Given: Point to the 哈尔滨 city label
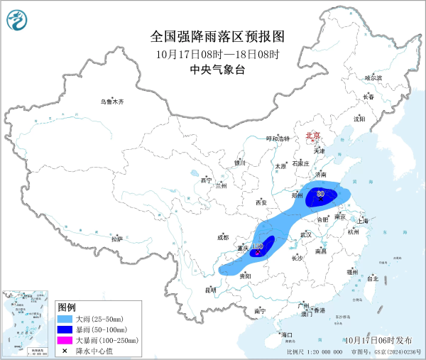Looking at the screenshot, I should (373, 77).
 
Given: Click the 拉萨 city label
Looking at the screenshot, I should (117, 239).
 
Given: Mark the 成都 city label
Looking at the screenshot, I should (222, 237).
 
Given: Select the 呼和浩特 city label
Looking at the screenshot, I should (278, 138).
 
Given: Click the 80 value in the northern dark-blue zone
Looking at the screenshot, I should (321, 193).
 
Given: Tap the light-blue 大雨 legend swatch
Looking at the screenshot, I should (65, 320).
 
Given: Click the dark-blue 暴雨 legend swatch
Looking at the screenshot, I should (65, 330).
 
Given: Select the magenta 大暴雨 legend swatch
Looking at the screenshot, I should (65, 341).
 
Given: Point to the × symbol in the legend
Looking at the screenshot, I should (65, 351).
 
